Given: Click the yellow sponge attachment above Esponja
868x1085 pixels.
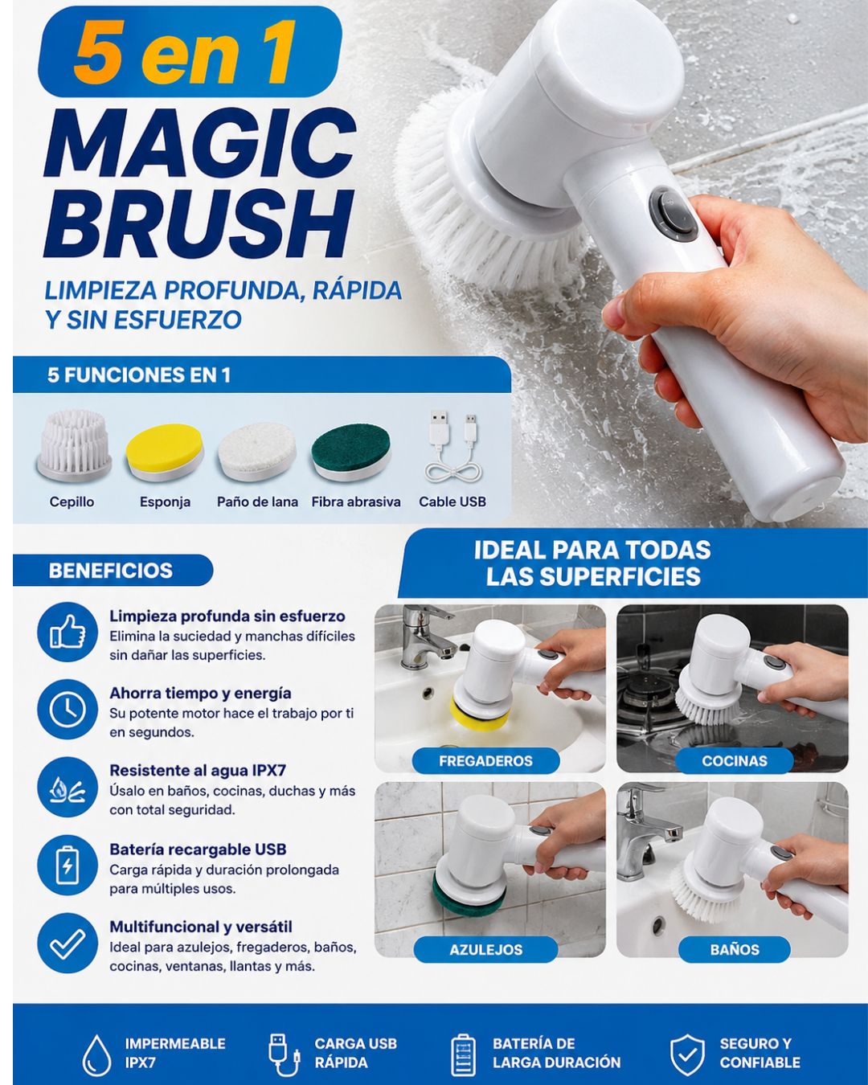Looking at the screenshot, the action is coord(165,451).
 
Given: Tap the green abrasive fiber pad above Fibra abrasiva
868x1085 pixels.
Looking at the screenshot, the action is coord(351,451).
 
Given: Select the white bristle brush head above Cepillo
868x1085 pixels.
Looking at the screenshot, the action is coord(74,446).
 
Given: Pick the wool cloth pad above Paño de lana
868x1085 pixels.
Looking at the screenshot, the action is coord(257,451).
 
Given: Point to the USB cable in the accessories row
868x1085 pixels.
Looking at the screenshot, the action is coord(453,447).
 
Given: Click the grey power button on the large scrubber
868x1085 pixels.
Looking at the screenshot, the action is coord(674,214).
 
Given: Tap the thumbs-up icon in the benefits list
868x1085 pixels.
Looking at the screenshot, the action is coord(67,631).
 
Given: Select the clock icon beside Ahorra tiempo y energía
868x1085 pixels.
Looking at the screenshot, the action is coord(67,709).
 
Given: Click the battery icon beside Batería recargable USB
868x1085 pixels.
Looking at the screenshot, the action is coord(67,865).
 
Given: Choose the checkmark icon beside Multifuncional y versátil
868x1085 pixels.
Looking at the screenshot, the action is coord(67,943).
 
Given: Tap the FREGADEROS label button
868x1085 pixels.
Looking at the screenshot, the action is coord(485,760).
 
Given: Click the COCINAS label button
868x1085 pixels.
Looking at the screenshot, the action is coord(735,760).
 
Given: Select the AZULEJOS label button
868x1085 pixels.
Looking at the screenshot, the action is coord(485,949).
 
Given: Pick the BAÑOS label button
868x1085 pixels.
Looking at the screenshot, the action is coord(735,949).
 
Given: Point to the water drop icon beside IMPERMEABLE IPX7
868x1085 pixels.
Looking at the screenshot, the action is coord(96,1055).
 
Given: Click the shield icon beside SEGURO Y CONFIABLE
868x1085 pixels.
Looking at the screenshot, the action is coord(687,1054).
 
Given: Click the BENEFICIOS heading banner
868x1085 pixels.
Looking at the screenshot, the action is coord(113,571).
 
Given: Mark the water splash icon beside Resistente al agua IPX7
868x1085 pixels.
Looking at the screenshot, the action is coord(67,787).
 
